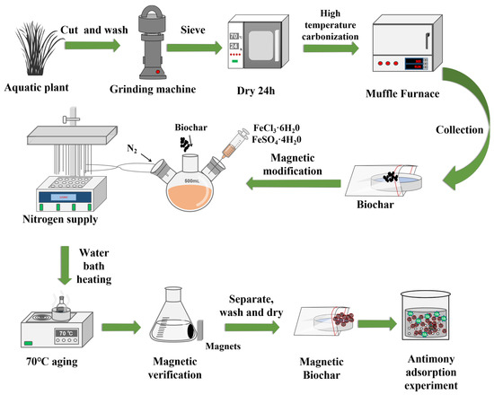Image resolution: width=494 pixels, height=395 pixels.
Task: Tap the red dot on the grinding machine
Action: coord(158,72)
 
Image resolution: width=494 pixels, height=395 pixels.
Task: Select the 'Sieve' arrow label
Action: coord(193,30)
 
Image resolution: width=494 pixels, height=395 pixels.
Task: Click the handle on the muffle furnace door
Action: coord(427,40)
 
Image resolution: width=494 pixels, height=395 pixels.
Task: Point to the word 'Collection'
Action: coord(459,130)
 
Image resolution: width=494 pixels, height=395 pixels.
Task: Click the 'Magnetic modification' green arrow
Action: coord(293,183)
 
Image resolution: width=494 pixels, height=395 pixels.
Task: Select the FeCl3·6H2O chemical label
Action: coord(277,127)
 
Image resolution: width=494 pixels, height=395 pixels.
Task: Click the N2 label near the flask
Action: coord(132,148)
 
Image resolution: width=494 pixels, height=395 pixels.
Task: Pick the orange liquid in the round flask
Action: coord(190,197)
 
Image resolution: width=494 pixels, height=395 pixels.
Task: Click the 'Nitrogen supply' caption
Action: coord(60,220)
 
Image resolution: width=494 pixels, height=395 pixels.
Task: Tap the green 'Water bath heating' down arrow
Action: coord(65,265)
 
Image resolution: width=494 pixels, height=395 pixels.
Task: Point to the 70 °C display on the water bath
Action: coord(66,333)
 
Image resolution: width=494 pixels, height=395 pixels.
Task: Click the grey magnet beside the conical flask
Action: coord(199,329)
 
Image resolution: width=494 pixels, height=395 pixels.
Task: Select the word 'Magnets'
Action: coord(223,347)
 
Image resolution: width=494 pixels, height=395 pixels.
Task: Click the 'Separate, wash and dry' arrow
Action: coord(251,328)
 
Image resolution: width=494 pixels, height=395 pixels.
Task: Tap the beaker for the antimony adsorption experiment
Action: coord(426,315)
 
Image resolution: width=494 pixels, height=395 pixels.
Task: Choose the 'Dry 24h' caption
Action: coord(256,91)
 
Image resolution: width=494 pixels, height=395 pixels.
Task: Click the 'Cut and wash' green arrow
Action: coord(93,46)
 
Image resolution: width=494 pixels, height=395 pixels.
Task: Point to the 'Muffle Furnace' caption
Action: coord(402,93)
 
